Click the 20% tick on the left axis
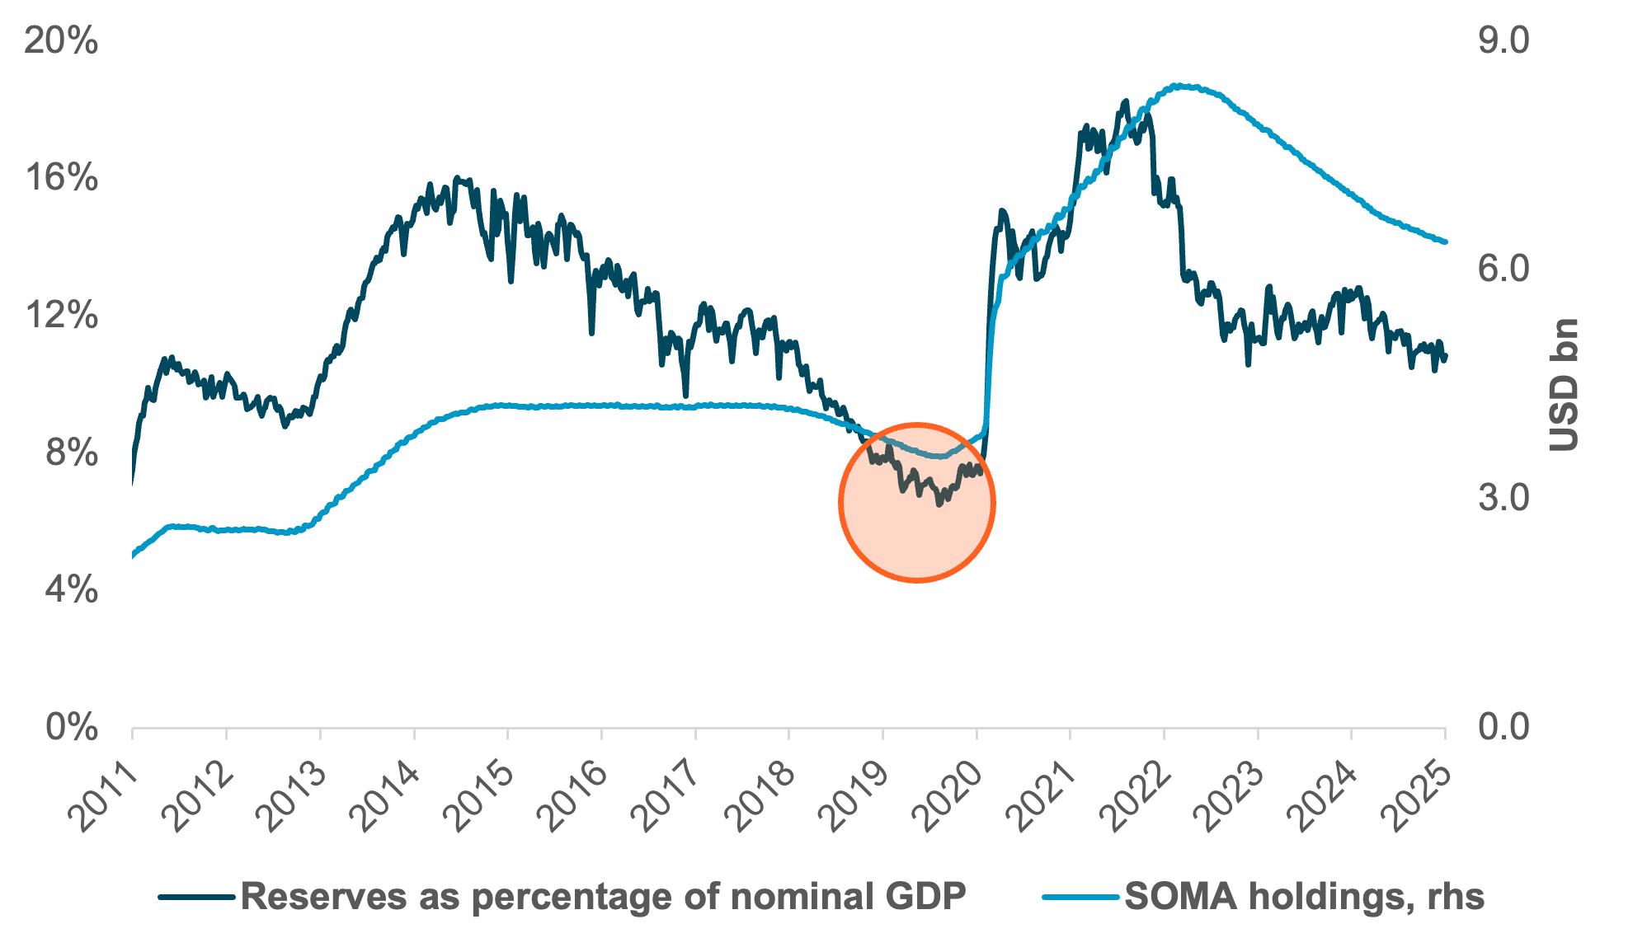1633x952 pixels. tap(61, 41)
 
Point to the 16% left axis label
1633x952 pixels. tap(61, 178)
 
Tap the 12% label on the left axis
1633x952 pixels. tap(61, 316)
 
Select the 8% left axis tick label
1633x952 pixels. tap(71, 453)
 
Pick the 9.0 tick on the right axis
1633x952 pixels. tap(1503, 41)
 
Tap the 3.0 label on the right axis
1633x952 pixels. tap(1503, 499)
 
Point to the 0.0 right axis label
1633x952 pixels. tap(1503, 728)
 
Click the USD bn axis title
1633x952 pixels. tap(1564, 385)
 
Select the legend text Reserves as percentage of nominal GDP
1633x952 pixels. tap(603, 897)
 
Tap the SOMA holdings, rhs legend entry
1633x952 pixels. tap(1304, 897)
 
